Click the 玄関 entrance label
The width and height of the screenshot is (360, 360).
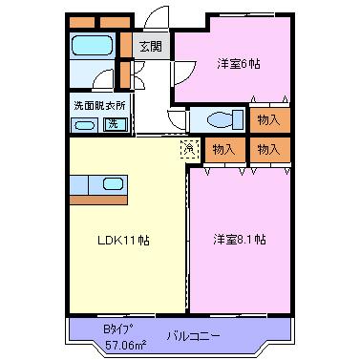(x=151, y=45)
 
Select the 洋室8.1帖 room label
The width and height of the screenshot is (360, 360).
(x=239, y=240)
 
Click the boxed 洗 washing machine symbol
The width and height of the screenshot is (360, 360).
(x=114, y=123)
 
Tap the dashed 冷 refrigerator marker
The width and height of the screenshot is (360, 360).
(x=187, y=148)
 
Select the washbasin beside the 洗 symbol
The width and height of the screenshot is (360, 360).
(x=85, y=125)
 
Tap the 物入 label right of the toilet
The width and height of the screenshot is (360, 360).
(x=269, y=119)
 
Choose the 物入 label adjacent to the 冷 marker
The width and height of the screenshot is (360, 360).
(x=224, y=150)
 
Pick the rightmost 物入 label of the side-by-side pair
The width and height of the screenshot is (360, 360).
(x=269, y=150)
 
